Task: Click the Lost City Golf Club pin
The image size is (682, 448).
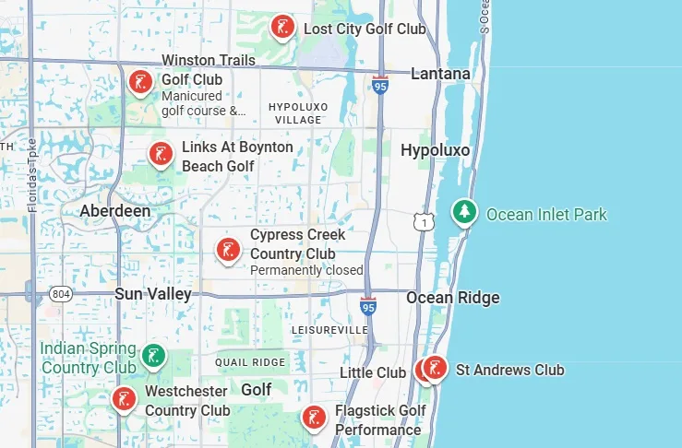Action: pos(282,27)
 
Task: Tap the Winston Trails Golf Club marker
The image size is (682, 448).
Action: pos(140,83)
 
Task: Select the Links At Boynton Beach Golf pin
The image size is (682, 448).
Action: pos(162,153)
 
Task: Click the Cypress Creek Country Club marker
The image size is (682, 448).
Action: pos(228,249)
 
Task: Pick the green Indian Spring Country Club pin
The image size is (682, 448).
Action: pos(154,355)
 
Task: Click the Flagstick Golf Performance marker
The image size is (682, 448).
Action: pos(314,418)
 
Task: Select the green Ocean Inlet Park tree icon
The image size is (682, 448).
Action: pos(464,213)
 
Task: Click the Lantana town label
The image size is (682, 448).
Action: pos(440,74)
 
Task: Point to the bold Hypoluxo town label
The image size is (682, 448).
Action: pos(435,150)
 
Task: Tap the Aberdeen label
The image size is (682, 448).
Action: pos(114,211)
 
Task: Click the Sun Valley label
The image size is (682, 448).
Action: pos(153,294)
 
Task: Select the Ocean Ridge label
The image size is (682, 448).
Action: pos(453,298)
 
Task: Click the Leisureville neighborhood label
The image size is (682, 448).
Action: pos(329,330)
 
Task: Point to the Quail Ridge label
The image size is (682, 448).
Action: pos(250,362)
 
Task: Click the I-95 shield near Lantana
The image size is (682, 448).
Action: pos(380,86)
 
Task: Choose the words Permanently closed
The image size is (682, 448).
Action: pos(306,270)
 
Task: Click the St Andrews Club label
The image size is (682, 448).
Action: pos(509,371)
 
